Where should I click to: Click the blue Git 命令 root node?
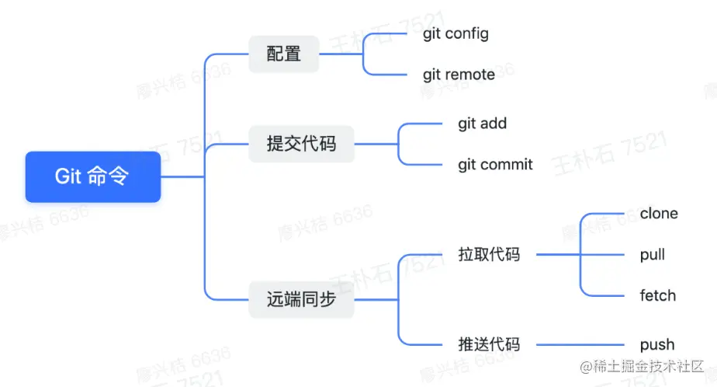(92, 176)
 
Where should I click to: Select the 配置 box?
(283, 54)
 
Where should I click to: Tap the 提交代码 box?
(301, 144)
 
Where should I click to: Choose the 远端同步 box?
(301, 299)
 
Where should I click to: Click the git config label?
(455, 33)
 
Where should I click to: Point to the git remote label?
(459, 75)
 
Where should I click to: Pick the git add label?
(482, 123)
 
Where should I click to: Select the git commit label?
(495, 164)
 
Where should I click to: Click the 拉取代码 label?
(489, 254)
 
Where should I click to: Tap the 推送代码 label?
(489, 344)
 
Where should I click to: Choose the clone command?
(659, 213)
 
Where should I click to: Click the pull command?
(653, 254)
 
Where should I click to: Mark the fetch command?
(657, 295)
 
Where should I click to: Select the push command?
(657, 344)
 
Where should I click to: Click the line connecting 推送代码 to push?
(582, 344)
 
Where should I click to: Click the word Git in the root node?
(68, 176)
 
